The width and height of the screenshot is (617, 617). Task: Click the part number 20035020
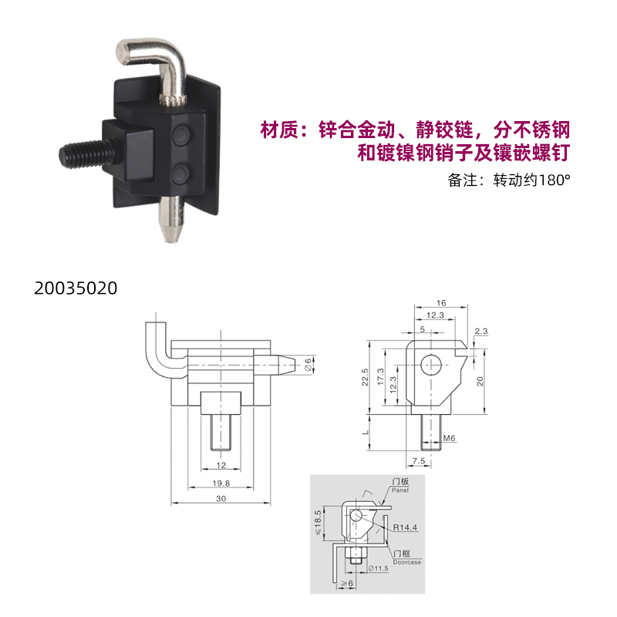coord(76,288)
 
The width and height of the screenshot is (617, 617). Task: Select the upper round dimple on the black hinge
coord(181,135)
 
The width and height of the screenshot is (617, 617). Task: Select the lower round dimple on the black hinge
coord(180,174)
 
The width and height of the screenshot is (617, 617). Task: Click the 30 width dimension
coord(221,498)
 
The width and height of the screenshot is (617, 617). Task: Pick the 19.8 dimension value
coord(221,484)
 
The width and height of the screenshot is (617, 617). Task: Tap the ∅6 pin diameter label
coord(308,365)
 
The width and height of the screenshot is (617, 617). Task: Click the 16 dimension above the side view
coord(441,303)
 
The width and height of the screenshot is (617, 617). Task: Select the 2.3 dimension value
coord(480,332)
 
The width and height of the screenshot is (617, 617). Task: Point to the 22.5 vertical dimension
coord(365,377)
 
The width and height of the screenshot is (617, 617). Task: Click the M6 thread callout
coord(449,438)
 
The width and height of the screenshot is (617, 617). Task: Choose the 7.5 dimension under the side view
coord(419,460)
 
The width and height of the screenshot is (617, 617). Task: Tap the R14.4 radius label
coord(405,528)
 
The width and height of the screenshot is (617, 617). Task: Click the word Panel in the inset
coord(400,491)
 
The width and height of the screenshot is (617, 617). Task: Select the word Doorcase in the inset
coord(407,562)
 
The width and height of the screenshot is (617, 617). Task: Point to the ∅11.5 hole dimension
coord(378,568)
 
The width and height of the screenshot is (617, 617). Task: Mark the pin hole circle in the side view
coord(431,365)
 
